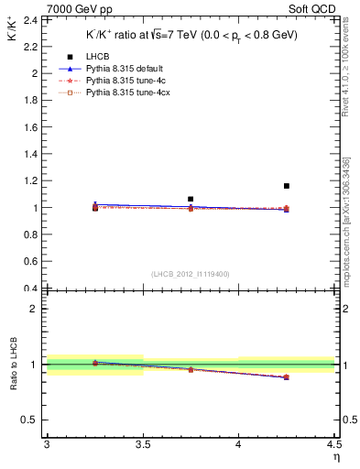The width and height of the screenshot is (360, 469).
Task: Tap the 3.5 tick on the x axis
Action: coord(142,444)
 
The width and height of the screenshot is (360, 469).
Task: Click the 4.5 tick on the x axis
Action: coord(333,444)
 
